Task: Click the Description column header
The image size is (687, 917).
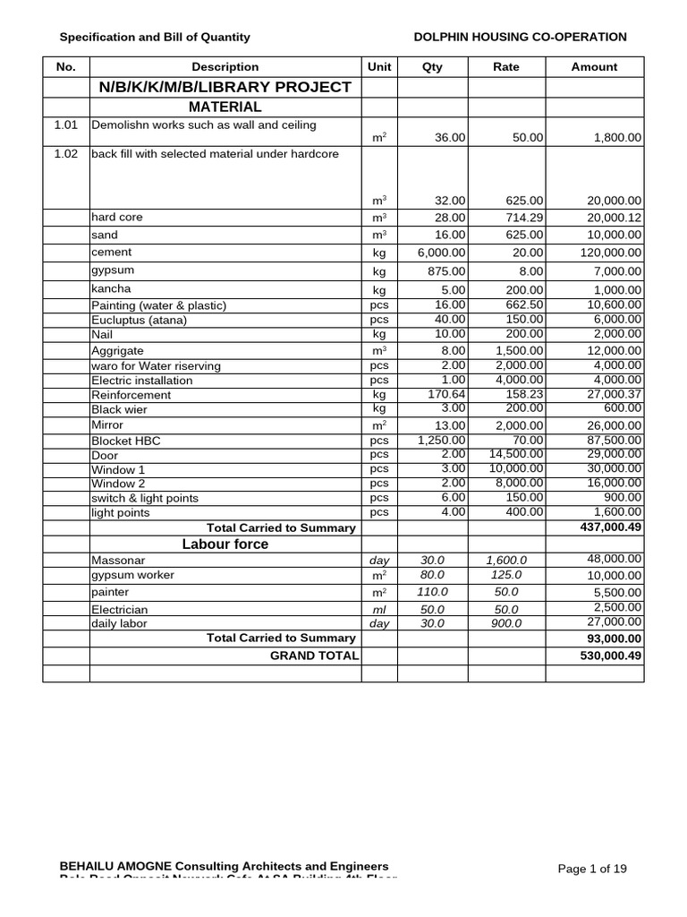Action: (x=225, y=67)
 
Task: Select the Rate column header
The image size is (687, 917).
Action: (x=506, y=67)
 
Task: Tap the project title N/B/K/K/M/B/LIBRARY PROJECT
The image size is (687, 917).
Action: (x=225, y=87)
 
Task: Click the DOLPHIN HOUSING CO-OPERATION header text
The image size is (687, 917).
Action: (x=521, y=37)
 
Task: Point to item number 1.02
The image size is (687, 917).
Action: (x=66, y=154)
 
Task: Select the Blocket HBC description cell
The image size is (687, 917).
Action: (x=126, y=441)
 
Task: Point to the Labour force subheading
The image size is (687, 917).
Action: (x=225, y=544)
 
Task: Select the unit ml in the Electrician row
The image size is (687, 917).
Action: (x=380, y=609)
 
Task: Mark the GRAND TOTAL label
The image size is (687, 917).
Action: (x=314, y=656)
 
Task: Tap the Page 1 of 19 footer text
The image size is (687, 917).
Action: (x=592, y=869)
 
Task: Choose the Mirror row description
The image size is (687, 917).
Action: (x=107, y=425)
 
